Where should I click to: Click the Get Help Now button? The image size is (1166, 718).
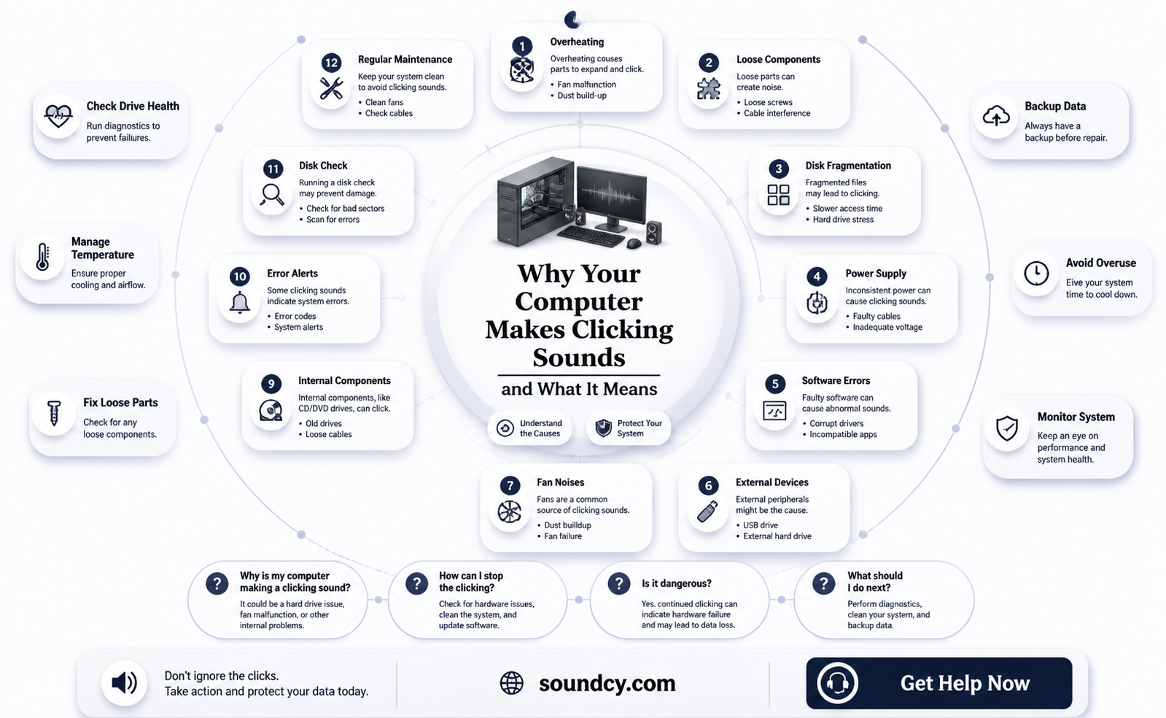938,682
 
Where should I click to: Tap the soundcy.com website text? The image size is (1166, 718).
607,683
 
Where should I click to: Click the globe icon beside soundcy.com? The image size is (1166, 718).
511,683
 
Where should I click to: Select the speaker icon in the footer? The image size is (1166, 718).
125,682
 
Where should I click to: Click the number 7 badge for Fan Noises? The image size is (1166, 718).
510,486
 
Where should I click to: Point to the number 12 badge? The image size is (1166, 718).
331,63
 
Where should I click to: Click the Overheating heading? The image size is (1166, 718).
577,42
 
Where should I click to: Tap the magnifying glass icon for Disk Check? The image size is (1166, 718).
272,195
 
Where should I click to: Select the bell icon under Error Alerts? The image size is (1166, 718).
239,303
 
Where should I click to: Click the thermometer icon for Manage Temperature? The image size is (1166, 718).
43,256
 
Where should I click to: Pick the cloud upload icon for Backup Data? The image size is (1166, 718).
996,116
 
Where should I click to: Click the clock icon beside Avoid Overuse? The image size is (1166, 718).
1036,274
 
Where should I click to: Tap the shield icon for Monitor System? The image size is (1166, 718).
1007,429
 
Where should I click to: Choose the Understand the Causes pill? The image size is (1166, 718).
529,428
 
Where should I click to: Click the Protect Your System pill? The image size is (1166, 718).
629,428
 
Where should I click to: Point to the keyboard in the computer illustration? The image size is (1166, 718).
591,236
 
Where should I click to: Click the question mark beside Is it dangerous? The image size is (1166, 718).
619,584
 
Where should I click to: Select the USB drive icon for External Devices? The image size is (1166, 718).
708,512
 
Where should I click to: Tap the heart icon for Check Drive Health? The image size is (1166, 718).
58,116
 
